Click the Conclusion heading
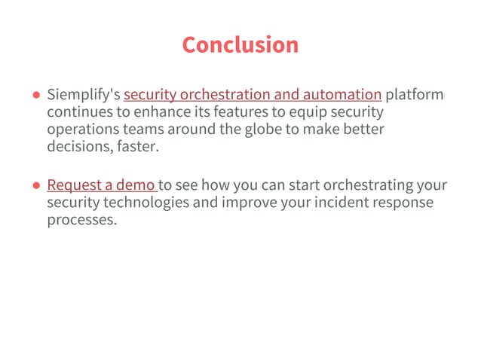click(240, 44)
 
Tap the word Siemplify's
click(83, 95)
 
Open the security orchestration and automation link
click(253, 95)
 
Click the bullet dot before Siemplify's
click(36, 96)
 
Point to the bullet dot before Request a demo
click(36, 187)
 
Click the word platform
click(415, 95)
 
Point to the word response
click(408, 203)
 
